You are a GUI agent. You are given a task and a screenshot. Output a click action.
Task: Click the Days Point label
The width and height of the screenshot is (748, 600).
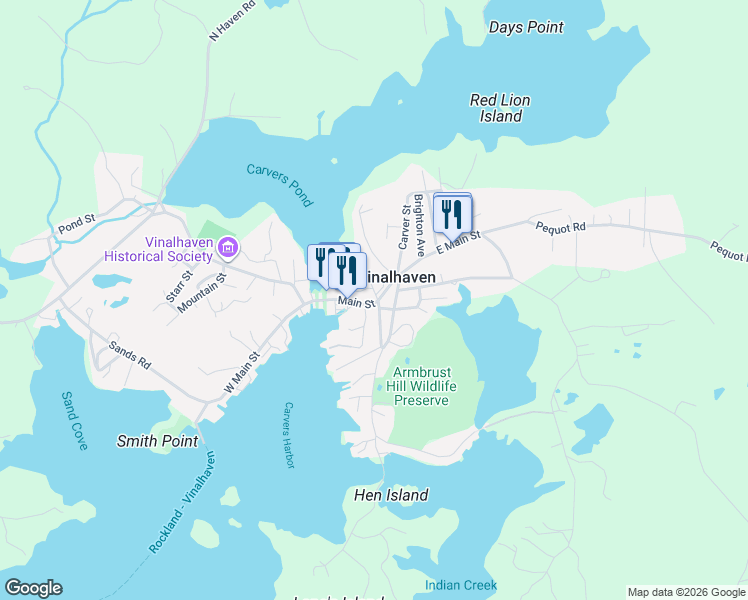click(x=526, y=28)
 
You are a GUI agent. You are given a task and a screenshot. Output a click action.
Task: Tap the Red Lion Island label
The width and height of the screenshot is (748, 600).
click(x=500, y=108)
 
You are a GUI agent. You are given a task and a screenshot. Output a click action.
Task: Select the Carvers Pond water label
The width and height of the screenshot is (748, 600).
click(x=280, y=185)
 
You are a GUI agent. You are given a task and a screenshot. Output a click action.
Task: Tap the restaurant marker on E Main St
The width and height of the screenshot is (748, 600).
click(x=452, y=213)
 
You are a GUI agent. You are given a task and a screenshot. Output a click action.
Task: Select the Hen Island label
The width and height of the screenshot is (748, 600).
click(x=391, y=495)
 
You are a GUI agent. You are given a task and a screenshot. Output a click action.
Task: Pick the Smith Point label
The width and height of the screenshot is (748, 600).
click(x=157, y=440)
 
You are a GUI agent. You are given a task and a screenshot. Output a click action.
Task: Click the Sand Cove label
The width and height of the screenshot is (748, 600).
click(x=74, y=420)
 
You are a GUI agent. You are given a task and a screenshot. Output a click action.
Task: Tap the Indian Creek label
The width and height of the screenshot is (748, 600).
click(x=460, y=585)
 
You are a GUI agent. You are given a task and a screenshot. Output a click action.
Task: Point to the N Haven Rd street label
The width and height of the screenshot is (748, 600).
click(x=232, y=20)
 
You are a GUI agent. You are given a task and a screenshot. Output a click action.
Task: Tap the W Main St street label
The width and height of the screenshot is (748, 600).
click(x=242, y=370)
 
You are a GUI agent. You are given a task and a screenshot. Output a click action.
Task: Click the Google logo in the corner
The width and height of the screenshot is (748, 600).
click(x=33, y=588)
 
